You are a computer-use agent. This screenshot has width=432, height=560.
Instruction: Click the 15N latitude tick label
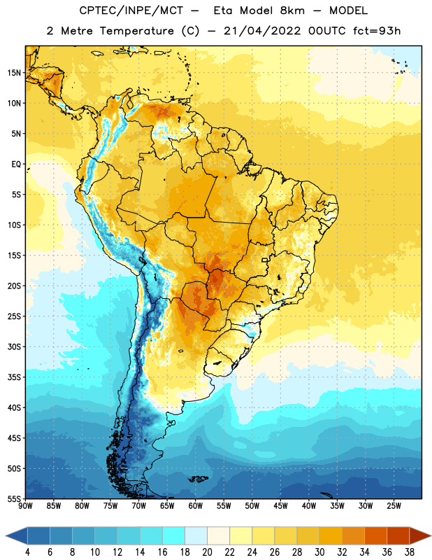[x=14, y=73]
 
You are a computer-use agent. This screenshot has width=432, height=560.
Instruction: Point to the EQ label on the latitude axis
[x=16, y=164]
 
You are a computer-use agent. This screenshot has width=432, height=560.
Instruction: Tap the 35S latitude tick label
[x=14, y=377]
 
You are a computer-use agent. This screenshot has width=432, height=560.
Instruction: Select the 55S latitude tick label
[x=14, y=498]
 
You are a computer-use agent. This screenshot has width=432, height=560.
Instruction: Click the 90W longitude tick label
[x=25, y=506]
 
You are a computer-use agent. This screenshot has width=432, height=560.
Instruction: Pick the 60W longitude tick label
[x=196, y=506]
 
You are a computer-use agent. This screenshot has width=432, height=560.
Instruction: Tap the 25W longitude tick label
[x=394, y=506]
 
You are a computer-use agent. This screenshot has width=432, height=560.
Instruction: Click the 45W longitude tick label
[x=280, y=506]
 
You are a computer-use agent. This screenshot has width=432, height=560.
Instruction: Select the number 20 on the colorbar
[x=207, y=552]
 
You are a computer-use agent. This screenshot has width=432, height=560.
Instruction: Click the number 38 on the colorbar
[x=410, y=552]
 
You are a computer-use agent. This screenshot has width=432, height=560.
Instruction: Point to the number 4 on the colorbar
[x=27, y=552]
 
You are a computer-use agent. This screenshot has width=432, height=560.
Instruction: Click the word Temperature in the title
[x=136, y=31]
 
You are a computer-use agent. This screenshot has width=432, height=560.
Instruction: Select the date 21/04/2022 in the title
[x=262, y=31]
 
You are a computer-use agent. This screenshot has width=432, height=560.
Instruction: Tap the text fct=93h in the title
[x=377, y=31]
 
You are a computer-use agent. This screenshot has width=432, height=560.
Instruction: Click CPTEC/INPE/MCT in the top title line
[x=131, y=10]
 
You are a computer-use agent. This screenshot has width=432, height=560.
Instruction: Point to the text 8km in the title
[x=292, y=10]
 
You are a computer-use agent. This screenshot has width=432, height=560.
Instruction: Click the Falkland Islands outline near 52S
[x=198, y=479]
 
